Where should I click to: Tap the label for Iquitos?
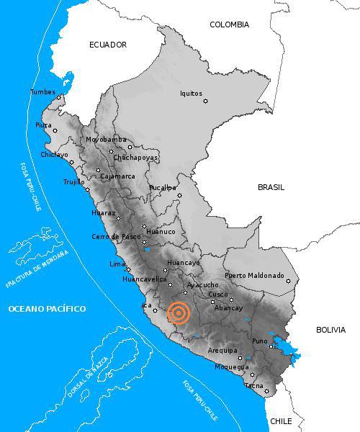191,93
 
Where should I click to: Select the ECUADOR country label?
108,45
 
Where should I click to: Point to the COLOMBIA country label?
229,24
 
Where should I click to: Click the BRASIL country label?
271,187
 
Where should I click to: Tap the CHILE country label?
281,420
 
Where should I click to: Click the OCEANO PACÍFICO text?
47,309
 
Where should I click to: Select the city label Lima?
117,264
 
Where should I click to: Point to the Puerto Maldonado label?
254,275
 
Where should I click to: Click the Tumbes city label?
42,91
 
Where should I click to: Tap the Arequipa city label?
222,350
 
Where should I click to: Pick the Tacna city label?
253,385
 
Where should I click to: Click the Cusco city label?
217,294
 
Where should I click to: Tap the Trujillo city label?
73,182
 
